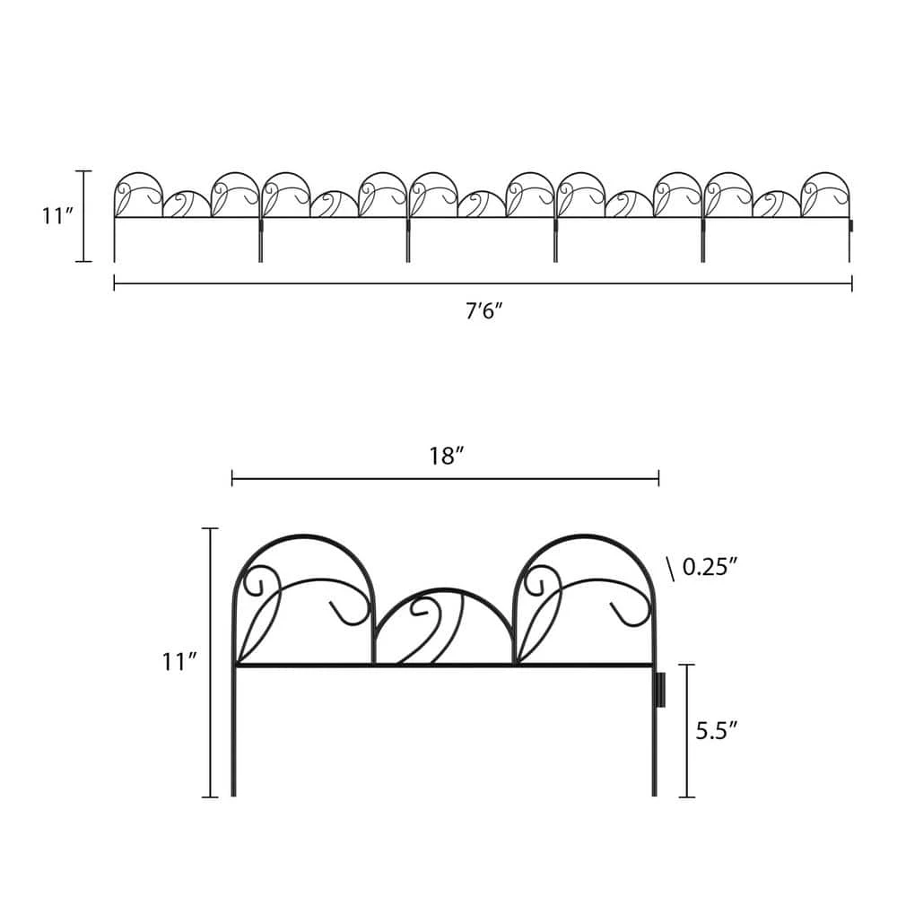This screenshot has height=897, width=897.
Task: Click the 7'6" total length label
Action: pyautogui.click(x=483, y=311)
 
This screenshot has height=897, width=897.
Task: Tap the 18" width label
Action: pyautogui.click(x=446, y=455)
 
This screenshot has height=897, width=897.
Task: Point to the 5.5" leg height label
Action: pyautogui.click(x=718, y=730)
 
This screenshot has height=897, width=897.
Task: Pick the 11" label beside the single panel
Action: pyautogui.click(x=179, y=662)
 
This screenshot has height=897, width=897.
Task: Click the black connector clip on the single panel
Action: pyautogui.click(x=661, y=689)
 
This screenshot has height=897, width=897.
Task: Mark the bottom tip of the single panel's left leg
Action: pyautogui.click(x=234, y=794)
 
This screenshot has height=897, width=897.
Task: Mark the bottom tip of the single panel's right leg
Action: pyautogui.click(x=654, y=794)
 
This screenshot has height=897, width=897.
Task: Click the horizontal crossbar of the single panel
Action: pyautogui.click(x=443, y=665)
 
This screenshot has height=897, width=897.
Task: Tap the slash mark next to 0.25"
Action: pyautogui.click(x=670, y=567)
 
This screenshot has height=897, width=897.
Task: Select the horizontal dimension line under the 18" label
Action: pyautogui.click(x=446, y=479)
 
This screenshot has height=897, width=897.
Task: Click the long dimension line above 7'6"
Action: pyautogui.click(x=483, y=284)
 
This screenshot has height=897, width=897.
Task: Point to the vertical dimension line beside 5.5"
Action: pyautogui.click(x=687, y=730)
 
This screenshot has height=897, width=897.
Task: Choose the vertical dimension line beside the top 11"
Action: pyautogui.click(x=83, y=216)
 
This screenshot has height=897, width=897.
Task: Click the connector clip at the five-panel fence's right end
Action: pyautogui.click(x=851, y=225)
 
